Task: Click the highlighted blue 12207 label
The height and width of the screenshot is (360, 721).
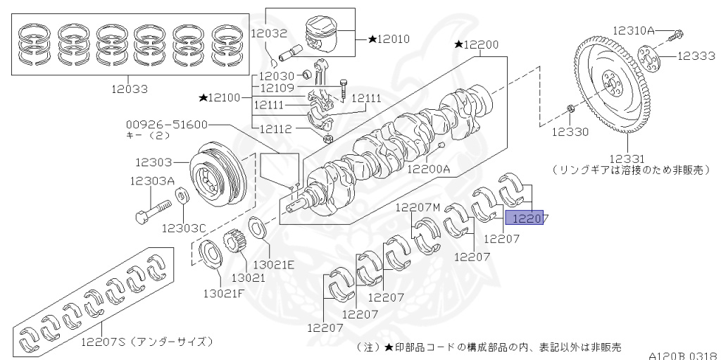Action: (530, 219)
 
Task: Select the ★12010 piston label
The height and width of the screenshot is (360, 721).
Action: (388, 39)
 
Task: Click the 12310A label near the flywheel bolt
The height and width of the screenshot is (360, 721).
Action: (633, 30)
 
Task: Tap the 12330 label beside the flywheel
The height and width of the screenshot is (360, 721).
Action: (569, 131)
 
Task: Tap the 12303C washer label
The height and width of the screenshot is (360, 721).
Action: (184, 228)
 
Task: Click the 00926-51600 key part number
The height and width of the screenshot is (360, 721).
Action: (167, 124)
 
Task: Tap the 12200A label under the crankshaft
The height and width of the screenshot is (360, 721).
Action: (431, 169)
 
